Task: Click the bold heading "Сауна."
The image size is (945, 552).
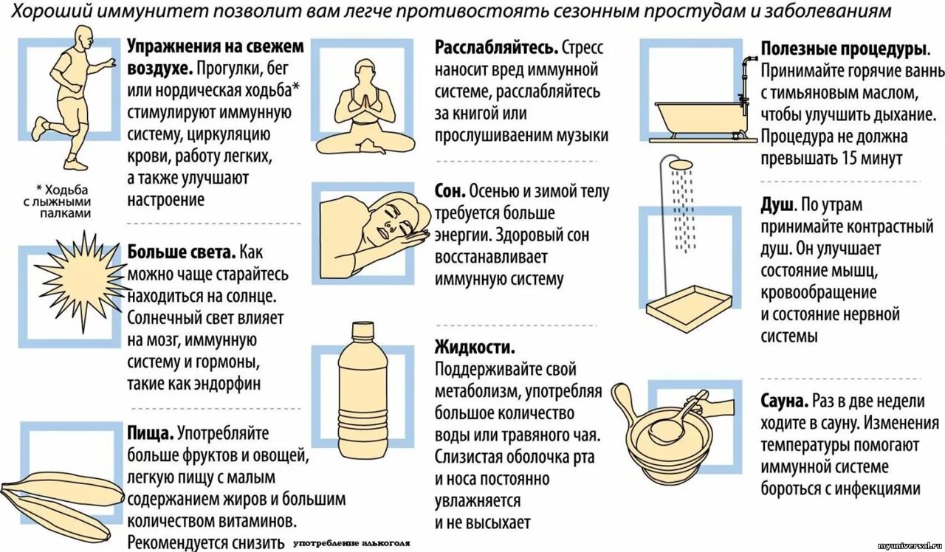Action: point(783,401)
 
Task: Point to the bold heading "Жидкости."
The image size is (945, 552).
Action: point(475,347)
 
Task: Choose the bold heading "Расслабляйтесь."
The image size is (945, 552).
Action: point(496,48)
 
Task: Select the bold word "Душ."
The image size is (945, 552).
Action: point(777,204)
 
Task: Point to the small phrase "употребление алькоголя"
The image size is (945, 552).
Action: point(351,543)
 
